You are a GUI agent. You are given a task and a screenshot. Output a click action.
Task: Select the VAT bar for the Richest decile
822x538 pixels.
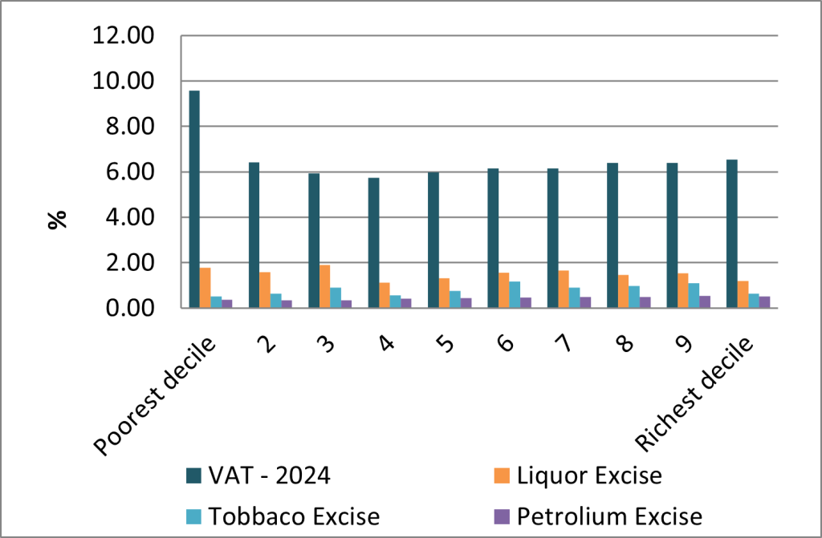coord(732,233)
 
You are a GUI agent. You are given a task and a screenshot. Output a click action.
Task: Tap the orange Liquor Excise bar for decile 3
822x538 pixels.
coord(324,286)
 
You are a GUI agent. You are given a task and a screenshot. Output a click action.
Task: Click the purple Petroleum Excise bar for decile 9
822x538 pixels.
coord(705,301)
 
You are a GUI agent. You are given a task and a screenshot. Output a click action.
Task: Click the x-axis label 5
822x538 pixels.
coord(446,344)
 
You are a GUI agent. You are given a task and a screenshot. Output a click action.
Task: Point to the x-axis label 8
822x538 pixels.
coord(625,344)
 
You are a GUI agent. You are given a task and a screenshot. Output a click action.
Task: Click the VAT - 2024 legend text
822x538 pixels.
coord(270,475)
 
